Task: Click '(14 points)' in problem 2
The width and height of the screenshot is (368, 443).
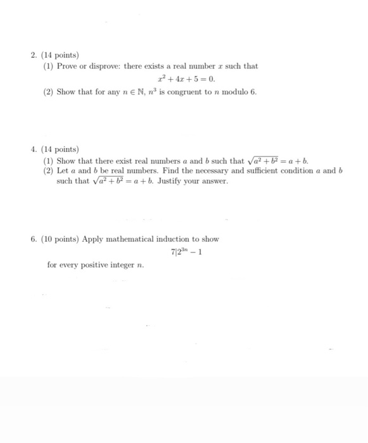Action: point(60,56)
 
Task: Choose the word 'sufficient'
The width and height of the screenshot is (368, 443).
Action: point(255,171)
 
